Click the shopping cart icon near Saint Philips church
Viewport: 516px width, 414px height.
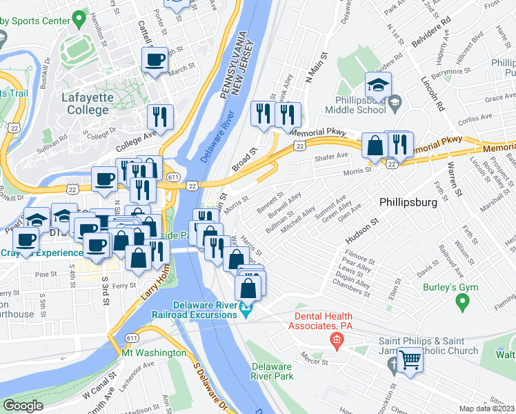coord(410,359)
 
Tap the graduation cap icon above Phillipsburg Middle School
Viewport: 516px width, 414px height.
coord(378,86)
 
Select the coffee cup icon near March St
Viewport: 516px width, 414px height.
coord(155,59)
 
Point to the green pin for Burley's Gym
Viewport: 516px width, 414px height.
coord(463,302)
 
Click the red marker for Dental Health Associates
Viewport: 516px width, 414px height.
coord(336,339)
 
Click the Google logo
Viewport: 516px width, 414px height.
coord(23,405)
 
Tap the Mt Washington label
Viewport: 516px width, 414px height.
coord(153,353)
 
